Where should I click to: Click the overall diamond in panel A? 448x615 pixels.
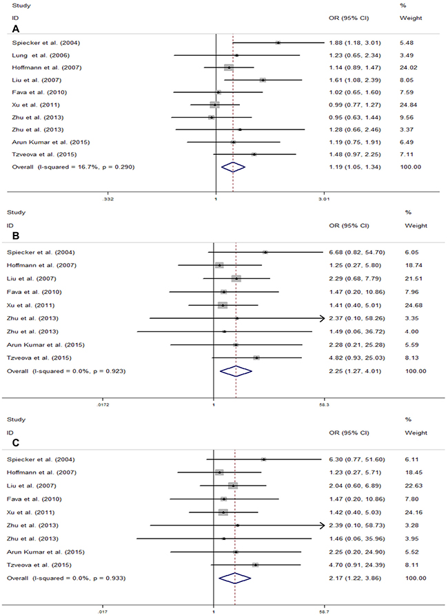(x=233, y=167)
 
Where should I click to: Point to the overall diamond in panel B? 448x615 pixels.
(x=236, y=371)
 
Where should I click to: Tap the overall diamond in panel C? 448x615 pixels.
(x=234, y=577)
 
